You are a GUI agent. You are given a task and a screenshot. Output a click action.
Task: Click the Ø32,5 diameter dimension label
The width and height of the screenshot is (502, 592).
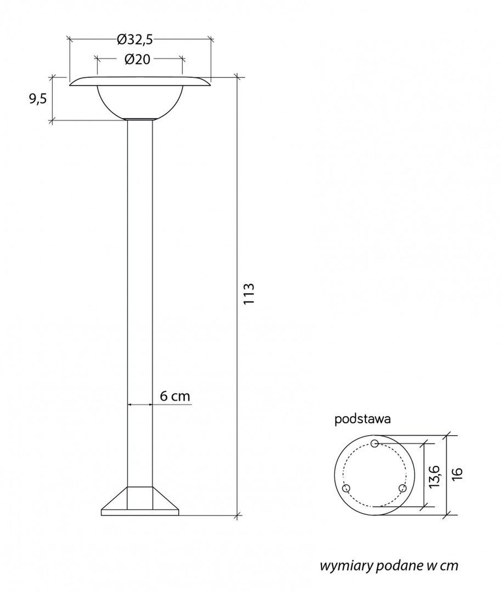coord(135,40)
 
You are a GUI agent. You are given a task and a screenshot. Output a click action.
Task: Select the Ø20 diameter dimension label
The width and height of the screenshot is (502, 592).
coord(137,60)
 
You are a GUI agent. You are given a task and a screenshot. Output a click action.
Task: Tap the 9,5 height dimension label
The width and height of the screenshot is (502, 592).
coord(38,99)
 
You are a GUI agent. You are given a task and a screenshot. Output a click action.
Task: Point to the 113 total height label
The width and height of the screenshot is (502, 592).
coord(249,294)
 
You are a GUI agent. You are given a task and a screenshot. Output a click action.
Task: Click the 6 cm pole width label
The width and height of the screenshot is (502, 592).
coord(175,396)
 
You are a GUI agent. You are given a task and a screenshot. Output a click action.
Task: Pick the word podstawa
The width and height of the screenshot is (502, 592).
coord(362,419)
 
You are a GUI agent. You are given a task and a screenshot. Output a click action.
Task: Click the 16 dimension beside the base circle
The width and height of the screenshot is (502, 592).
coord(458,474)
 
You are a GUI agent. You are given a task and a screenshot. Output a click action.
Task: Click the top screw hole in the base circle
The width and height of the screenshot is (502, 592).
coord(375,443)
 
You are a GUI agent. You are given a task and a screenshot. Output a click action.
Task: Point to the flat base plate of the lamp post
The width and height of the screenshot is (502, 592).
coord(140,512)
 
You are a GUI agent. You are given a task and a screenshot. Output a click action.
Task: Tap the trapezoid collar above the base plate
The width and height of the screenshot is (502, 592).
coord(140,498)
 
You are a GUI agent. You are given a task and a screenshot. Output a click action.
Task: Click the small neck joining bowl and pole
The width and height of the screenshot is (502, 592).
coord(140,119)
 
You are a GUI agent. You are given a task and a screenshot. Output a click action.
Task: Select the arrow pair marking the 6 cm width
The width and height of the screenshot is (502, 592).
coord(140,405)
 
